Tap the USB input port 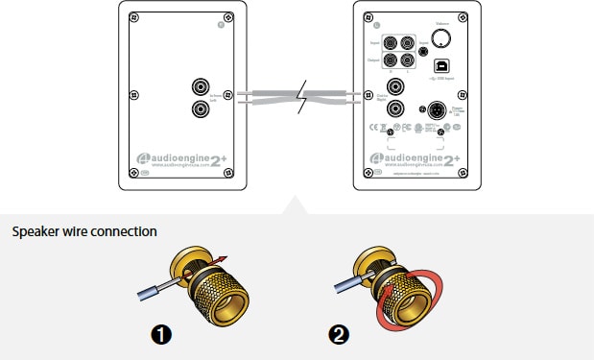[x=441, y=66]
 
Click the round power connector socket [x=433, y=109]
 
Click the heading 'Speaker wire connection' [x=84, y=231]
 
